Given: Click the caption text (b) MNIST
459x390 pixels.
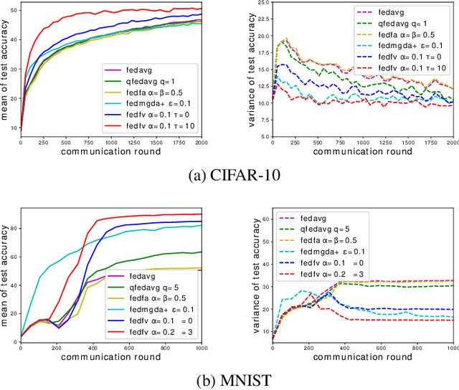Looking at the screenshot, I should (x=229, y=377).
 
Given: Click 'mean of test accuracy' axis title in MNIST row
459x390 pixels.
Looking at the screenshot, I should (x=6, y=272).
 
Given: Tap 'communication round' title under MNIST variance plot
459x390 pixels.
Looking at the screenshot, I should (x=363, y=356).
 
